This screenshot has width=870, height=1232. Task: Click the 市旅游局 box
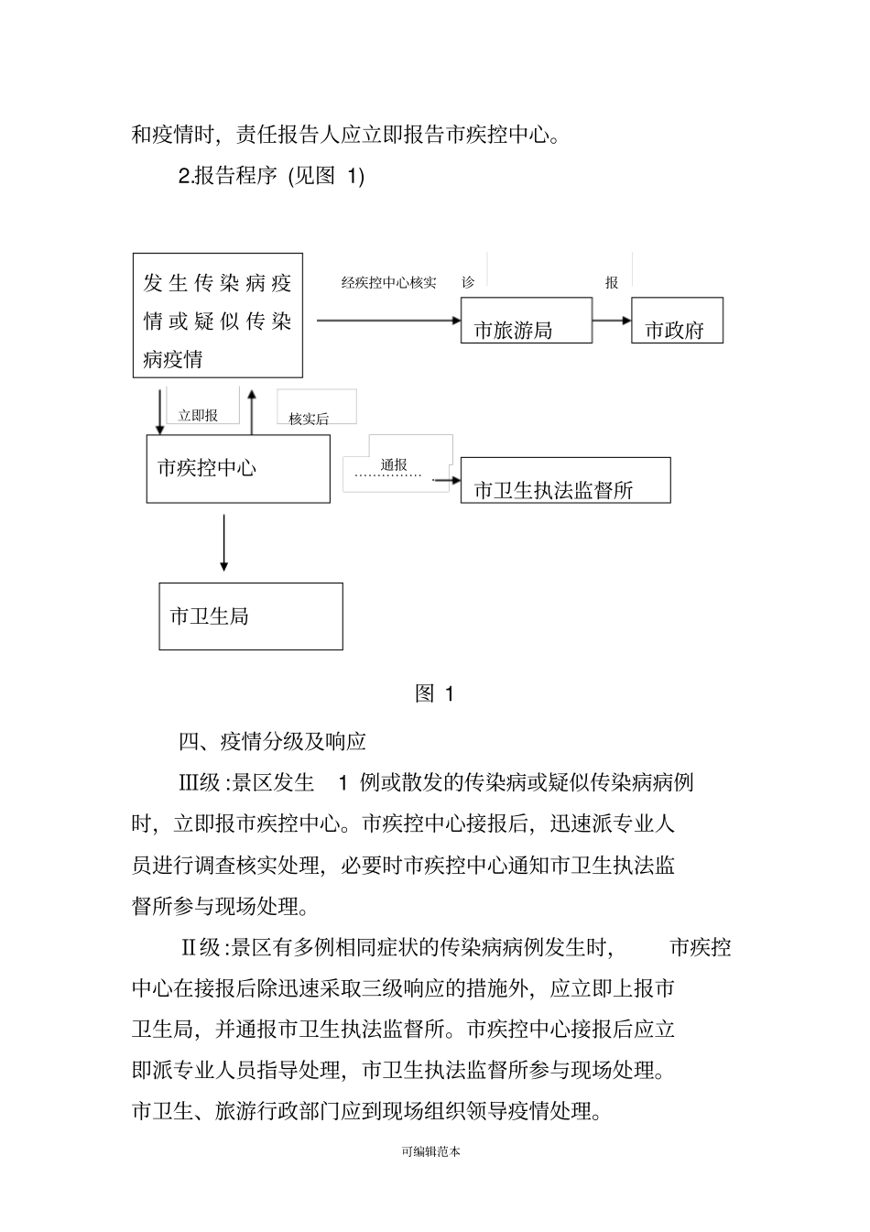[526, 321]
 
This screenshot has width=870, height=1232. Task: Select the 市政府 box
[677, 321]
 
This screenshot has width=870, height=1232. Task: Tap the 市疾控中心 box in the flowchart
[238, 468]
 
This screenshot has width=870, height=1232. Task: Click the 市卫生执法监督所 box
[565, 480]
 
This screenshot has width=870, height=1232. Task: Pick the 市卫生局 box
[250, 616]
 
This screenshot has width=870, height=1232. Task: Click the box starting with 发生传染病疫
[217, 315]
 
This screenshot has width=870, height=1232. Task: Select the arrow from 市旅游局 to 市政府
[612, 321]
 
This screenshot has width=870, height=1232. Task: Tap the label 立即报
[198, 416]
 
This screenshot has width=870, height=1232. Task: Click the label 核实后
[309, 419]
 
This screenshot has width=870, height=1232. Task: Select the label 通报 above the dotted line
[394, 464]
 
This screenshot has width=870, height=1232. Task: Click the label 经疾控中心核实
[388, 282]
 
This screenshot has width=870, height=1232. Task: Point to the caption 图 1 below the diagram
[434, 693]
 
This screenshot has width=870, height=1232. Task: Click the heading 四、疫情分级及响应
[272, 741]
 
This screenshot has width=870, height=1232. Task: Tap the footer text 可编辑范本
[430, 1151]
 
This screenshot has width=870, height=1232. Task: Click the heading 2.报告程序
[227, 176]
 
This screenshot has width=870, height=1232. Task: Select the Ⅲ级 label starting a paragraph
[199, 782]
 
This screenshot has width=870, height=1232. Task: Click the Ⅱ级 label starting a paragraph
[199, 947]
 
